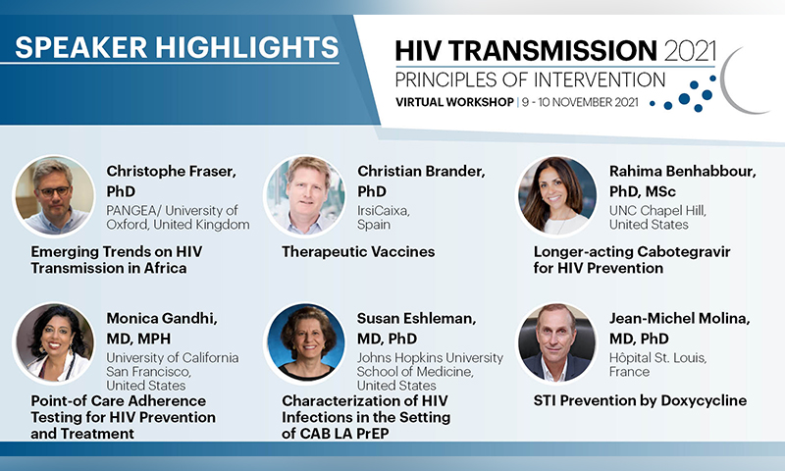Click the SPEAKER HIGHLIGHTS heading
point(177,47)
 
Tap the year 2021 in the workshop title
point(691,51)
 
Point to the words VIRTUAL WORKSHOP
point(454,102)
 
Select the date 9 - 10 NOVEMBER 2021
point(580,102)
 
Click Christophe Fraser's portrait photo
point(54,195)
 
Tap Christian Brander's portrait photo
point(305,195)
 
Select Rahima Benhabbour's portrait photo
point(556,195)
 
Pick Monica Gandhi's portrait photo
point(54,342)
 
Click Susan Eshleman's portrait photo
point(305,342)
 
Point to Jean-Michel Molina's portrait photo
point(556,342)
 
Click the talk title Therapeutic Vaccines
point(358,252)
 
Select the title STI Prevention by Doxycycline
point(640,400)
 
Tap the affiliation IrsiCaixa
point(384,211)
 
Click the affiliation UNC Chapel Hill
point(657,211)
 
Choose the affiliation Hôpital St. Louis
point(657,358)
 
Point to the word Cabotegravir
point(682,252)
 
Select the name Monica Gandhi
point(162,318)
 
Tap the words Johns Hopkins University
point(430,358)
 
